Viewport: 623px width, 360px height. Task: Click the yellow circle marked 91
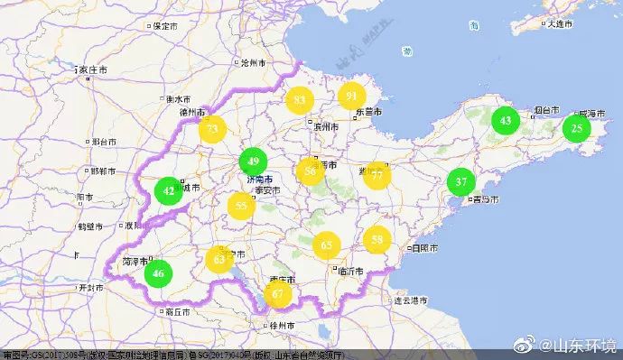351,96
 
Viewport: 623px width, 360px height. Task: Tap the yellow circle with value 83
300,100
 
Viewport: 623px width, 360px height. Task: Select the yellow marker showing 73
213,130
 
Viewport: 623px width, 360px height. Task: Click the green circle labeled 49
254,162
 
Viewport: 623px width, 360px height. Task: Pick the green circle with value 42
169,190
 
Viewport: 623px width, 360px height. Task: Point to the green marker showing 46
159,272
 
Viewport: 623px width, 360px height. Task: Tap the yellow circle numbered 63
220,260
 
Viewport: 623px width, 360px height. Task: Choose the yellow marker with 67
278,294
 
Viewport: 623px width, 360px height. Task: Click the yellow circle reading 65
327,245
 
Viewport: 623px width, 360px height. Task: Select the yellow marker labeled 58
377,239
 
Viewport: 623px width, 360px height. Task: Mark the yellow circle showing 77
377,175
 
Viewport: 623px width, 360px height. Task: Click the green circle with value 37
460,181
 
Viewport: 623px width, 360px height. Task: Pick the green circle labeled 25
576,128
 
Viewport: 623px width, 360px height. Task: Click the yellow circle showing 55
241,206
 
